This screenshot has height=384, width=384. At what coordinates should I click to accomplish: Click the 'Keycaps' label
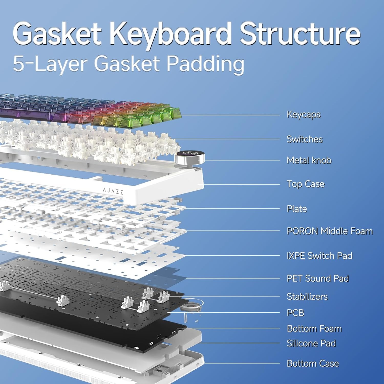click(304, 114)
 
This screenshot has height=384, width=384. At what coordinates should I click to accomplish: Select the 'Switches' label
click(305, 139)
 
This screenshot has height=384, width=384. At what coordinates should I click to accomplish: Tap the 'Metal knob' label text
click(309, 160)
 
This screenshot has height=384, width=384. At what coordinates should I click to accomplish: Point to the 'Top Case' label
click(305, 184)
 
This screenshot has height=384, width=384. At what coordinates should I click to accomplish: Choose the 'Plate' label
click(297, 209)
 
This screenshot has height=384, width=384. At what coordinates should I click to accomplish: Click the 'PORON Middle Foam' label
click(330, 231)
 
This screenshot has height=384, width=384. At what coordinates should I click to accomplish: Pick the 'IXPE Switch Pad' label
click(319, 256)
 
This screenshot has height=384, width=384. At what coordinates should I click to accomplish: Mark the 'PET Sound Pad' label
click(318, 278)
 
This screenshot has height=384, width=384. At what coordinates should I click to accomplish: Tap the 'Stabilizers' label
click(307, 296)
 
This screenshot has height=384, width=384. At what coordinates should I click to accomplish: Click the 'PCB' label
click(295, 313)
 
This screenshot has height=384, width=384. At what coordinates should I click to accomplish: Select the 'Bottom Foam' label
click(314, 328)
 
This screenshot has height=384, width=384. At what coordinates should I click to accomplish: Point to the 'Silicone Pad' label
click(311, 343)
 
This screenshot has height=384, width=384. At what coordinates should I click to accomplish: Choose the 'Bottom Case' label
click(313, 363)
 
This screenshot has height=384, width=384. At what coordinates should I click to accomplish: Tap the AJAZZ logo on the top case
click(113, 191)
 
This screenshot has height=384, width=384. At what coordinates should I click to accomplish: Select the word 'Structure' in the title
click(300, 34)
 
